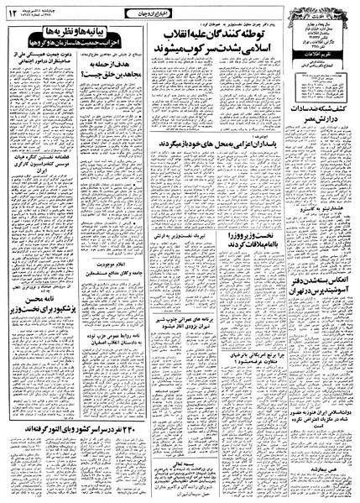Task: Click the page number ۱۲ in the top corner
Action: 13,13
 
